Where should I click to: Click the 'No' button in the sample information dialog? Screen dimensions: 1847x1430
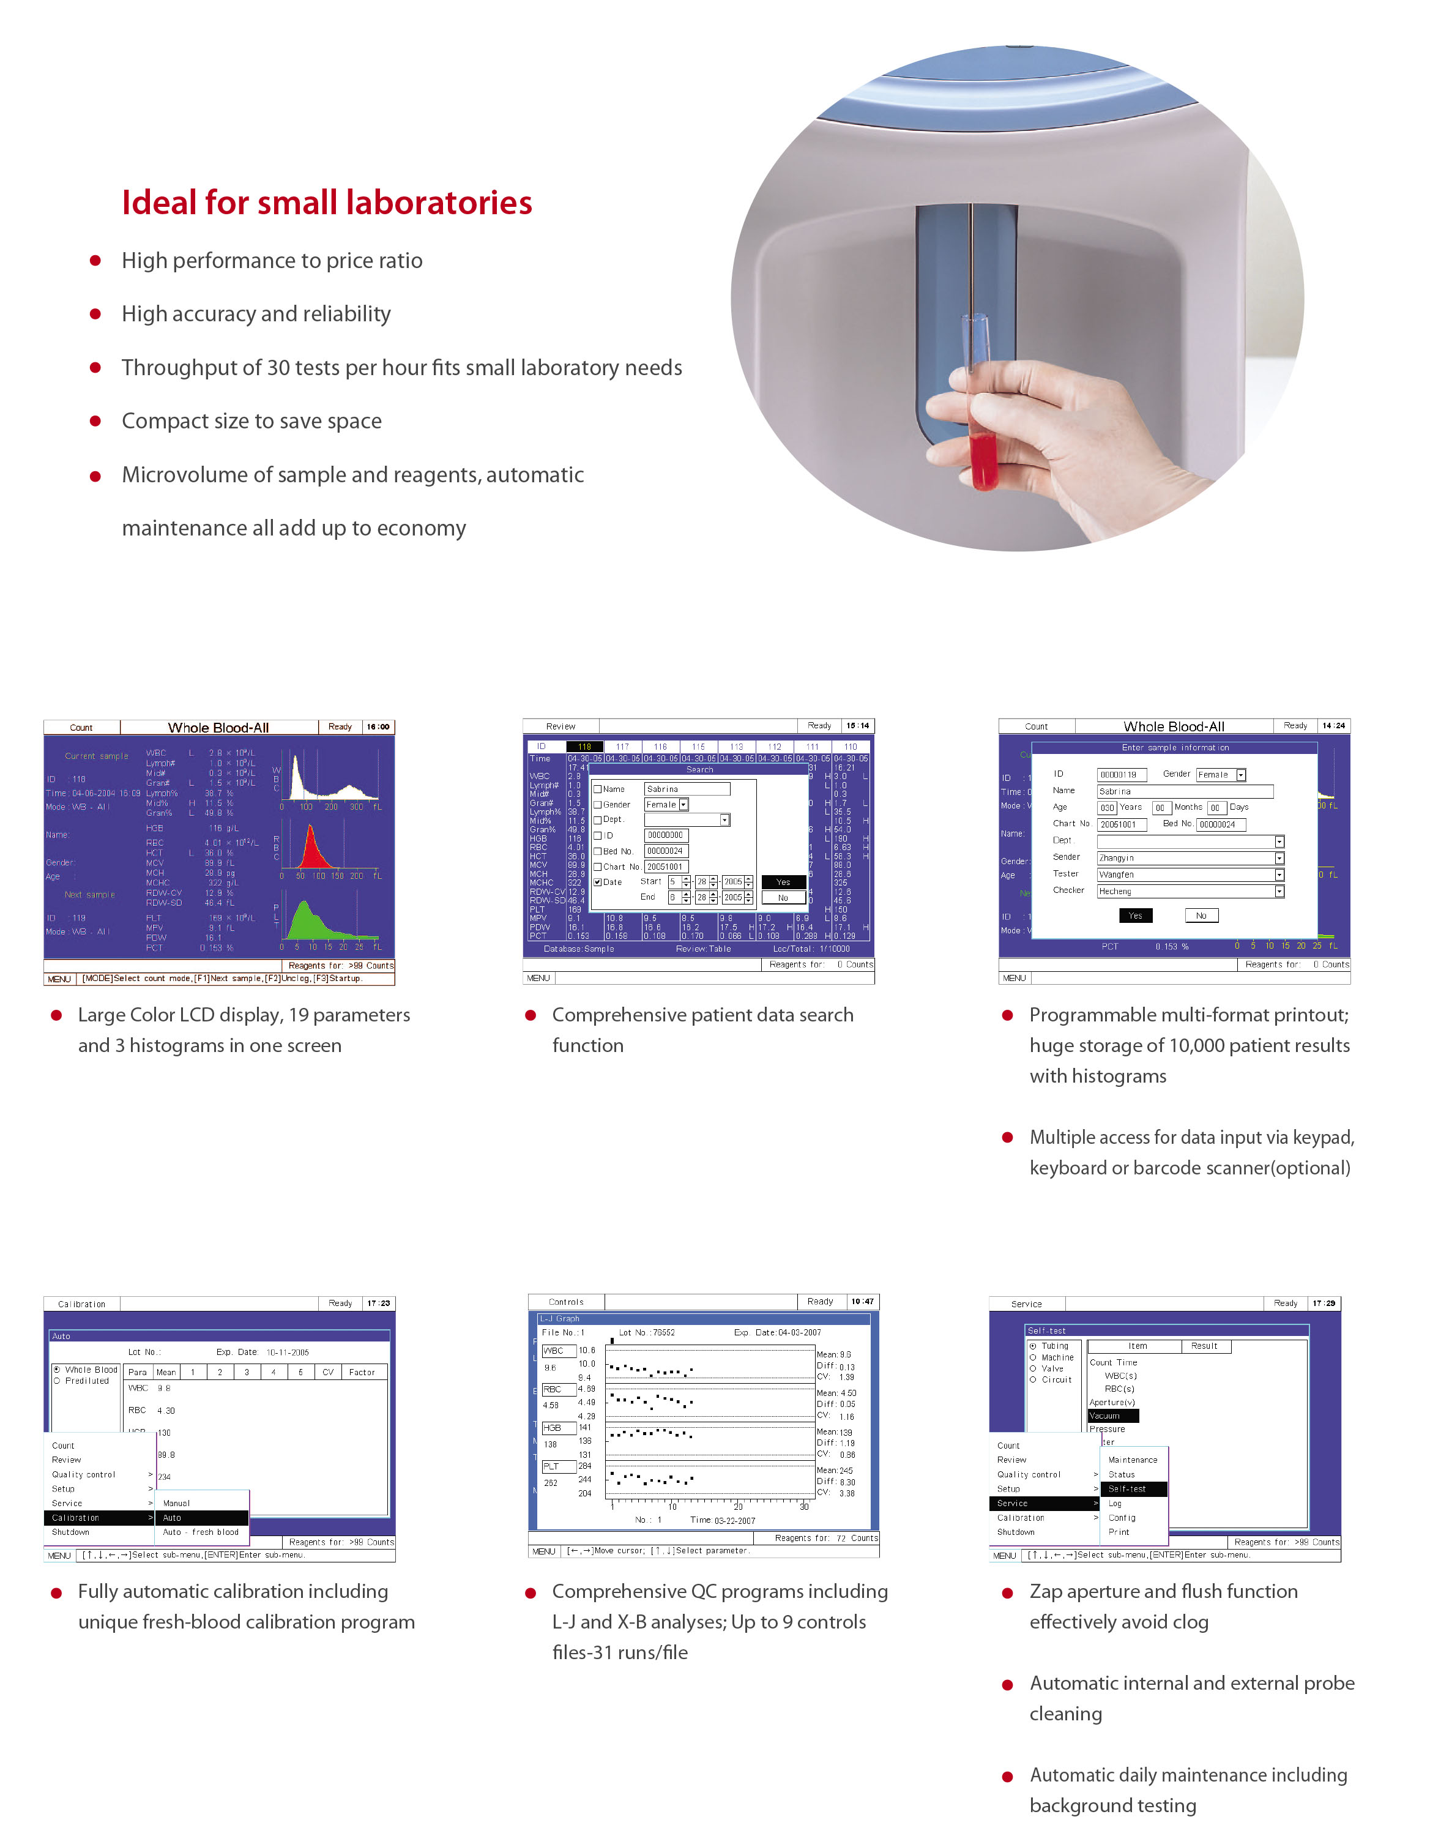pyautogui.click(x=1201, y=915)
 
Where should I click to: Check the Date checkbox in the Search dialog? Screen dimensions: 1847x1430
pyautogui.click(x=598, y=882)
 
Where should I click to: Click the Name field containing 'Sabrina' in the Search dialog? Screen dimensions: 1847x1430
pyautogui.click(x=687, y=789)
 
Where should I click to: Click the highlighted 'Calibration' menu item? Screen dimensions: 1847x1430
pyautogui.click(x=97, y=1518)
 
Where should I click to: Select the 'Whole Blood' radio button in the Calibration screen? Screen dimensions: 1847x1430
pyautogui.click(x=57, y=1369)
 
